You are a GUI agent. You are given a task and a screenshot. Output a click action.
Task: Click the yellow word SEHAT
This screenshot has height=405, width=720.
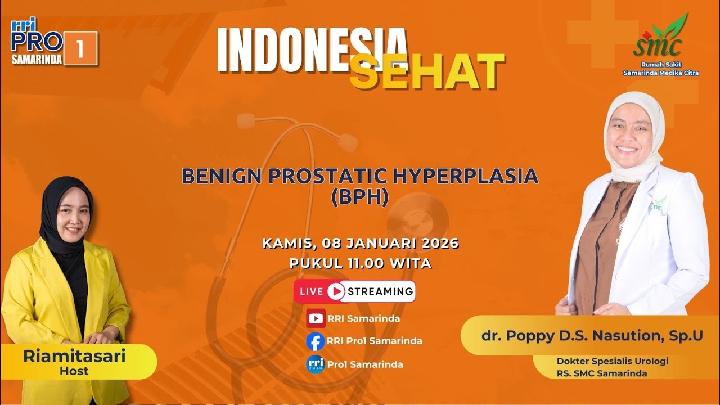click(426, 73)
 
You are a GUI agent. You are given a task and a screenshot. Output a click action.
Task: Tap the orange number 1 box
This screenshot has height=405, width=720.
click(80, 49)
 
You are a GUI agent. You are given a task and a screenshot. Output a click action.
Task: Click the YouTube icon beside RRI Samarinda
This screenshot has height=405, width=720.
click(316, 318)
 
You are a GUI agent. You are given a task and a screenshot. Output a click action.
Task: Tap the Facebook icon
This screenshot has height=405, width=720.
click(316, 341)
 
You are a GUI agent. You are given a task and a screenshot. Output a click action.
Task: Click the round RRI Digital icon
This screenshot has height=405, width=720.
click(316, 364)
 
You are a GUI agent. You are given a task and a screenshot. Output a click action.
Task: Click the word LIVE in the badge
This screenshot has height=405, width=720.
click(311, 291)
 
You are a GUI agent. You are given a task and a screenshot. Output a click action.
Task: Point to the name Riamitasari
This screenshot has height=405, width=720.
click(75, 356)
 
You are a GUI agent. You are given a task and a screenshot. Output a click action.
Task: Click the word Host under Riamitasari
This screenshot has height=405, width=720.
click(74, 371)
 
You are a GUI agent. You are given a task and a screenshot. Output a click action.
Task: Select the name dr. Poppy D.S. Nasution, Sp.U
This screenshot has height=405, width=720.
click(592, 336)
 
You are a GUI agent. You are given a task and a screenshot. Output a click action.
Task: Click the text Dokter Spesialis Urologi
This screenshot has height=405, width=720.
click(612, 361)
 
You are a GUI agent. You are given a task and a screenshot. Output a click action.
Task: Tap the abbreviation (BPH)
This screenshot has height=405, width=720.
click(360, 198)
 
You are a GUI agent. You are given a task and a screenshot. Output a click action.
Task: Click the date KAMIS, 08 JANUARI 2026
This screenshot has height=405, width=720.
click(360, 244)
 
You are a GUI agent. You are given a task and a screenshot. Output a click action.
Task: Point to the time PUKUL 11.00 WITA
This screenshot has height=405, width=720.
click(360, 263)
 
